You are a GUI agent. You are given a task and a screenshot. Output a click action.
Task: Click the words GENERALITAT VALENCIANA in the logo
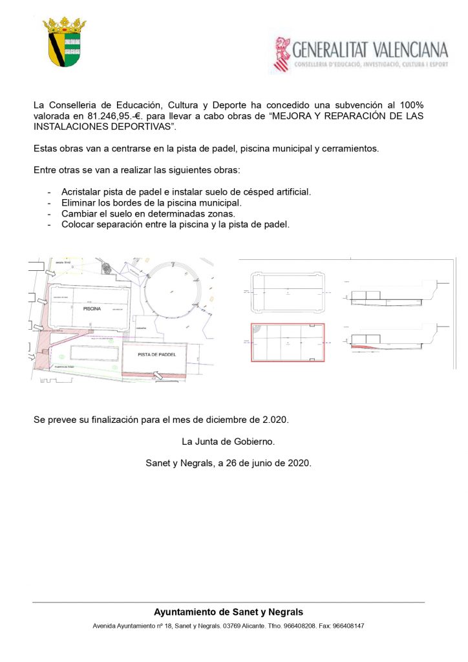click(x=370, y=50)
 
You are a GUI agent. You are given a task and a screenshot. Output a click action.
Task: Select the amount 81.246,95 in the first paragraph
click(x=96, y=116)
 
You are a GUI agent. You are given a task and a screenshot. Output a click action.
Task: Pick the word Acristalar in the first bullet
click(x=83, y=192)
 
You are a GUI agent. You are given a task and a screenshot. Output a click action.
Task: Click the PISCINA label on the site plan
click(x=94, y=309)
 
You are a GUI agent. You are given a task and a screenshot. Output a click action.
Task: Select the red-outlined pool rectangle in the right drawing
click(x=288, y=342)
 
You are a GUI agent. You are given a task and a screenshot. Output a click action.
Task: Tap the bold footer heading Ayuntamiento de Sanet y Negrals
click(x=228, y=612)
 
